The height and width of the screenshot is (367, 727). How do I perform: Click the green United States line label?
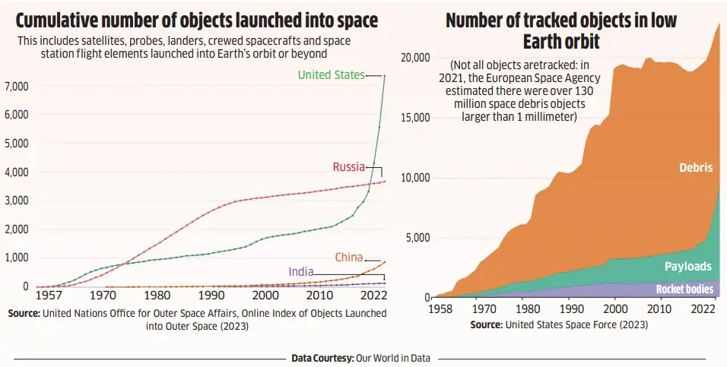[331, 74]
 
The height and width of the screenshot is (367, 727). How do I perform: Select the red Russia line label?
[348, 167]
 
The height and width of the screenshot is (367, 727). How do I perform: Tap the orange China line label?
[348, 258]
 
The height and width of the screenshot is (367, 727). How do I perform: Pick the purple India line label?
[301, 272]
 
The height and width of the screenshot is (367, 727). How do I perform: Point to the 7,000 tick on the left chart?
[16, 86]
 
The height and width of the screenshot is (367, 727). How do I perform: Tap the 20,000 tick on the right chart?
[415, 58]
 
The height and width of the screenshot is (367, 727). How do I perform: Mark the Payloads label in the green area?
[687, 266]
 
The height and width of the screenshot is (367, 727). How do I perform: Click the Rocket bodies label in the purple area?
[684, 289]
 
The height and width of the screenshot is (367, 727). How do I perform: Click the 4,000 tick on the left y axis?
[16, 172]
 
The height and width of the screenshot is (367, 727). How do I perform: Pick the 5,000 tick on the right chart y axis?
[418, 238]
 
